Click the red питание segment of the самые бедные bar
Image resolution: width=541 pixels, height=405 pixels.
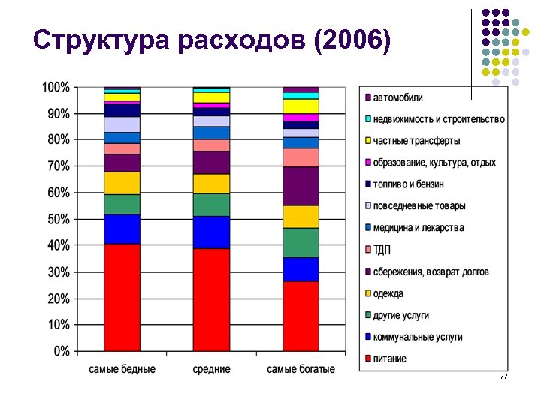122,297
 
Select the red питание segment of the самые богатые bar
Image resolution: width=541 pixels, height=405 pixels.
301,316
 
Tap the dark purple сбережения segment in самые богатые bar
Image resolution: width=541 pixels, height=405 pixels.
301,186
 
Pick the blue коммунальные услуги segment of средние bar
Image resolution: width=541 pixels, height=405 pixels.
211,232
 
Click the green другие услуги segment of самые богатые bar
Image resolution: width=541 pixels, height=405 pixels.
301,242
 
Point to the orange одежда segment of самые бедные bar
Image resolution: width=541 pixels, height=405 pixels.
122,183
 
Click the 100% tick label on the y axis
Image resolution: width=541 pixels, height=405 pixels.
55,87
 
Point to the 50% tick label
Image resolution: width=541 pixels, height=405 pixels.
58,219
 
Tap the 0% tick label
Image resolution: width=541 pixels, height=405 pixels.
61,351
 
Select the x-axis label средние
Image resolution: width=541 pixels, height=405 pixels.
211,370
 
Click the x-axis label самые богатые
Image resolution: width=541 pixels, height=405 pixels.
301,370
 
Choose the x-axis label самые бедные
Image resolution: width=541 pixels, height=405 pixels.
122,370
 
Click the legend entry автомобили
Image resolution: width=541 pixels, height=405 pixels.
398,97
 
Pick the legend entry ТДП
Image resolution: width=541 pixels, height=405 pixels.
382,250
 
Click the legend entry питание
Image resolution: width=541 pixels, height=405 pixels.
389,358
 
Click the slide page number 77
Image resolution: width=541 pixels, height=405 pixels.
503,376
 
